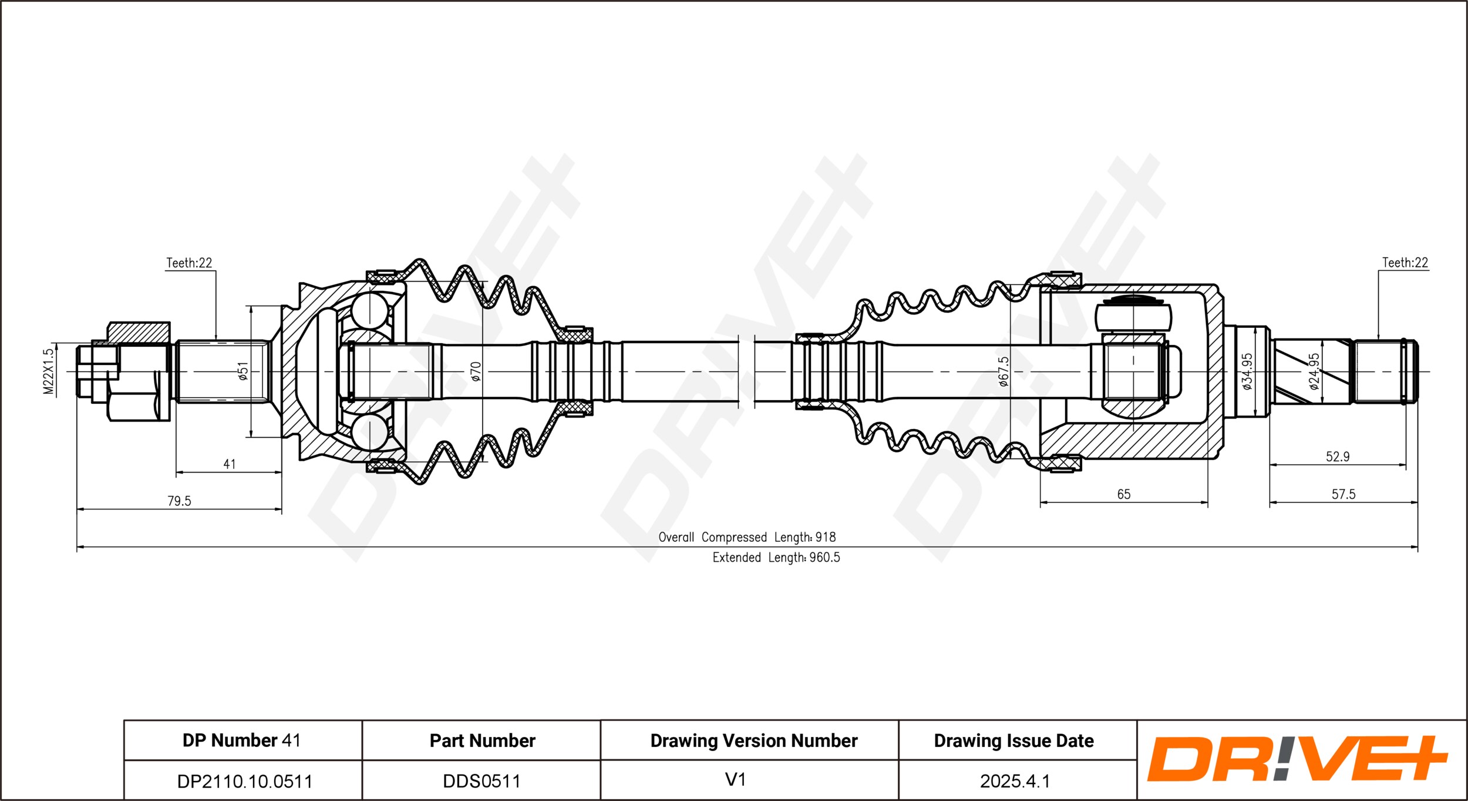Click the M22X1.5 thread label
click(48, 371)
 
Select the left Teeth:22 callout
click(189, 263)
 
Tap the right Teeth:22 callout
click(1405, 262)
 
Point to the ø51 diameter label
click(243, 371)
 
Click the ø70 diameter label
click(476, 371)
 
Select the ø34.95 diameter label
click(1247, 371)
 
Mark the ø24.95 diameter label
click(1314, 371)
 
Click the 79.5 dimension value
click(179, 501)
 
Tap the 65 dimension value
click(1123, 494)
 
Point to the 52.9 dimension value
click(1338, 457)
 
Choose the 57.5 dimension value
click(1344, 494)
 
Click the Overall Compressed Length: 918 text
click(747, 537)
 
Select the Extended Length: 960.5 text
click(776, 558)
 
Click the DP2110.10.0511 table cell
click(244, 781)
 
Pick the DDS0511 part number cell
click(482, 781)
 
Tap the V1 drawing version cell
click(735, 779)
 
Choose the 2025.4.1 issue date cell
click(1015, 781)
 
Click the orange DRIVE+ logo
click(1298, 759)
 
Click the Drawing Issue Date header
click(1014, 740)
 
